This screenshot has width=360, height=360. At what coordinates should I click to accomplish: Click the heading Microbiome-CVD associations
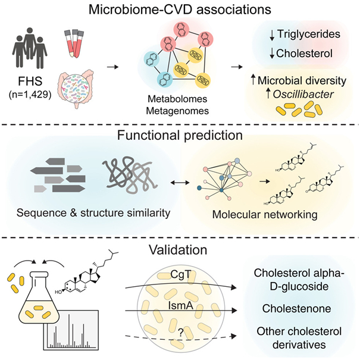(179, 10)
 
